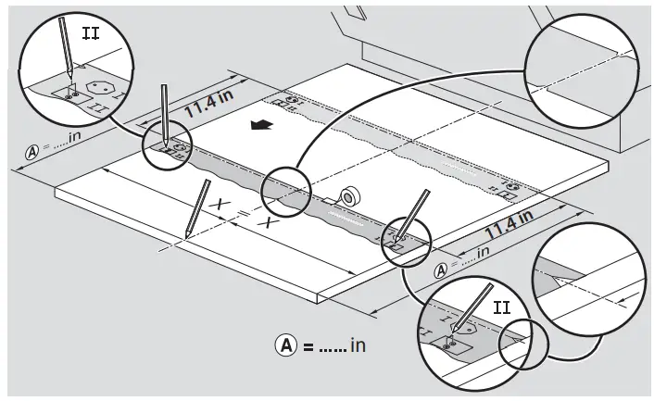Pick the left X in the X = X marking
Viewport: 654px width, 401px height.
(219, 207)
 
